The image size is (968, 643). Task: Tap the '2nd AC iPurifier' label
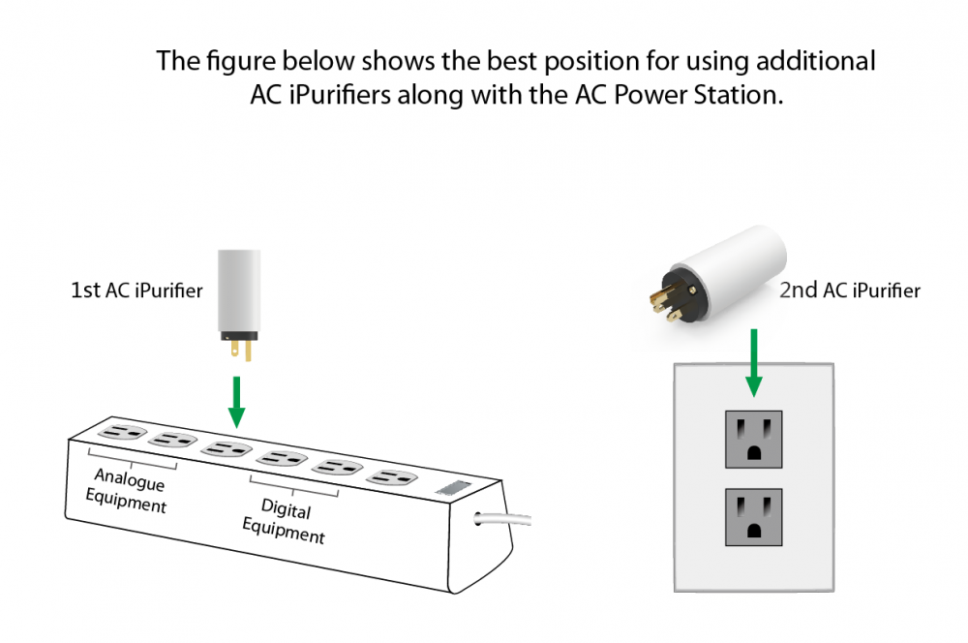(x=849, y=290)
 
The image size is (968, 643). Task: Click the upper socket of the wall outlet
(x=753, y=438)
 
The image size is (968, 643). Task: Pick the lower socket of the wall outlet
(x=753, y=516)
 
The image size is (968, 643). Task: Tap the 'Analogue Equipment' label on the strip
(x=126, y=491)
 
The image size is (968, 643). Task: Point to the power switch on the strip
(x=454, y=489)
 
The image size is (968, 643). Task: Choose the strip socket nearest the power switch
(x=393, y=476)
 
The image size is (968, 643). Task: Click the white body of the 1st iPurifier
(x=238, y=291)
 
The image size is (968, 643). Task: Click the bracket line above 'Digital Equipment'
(x=294, y=488)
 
